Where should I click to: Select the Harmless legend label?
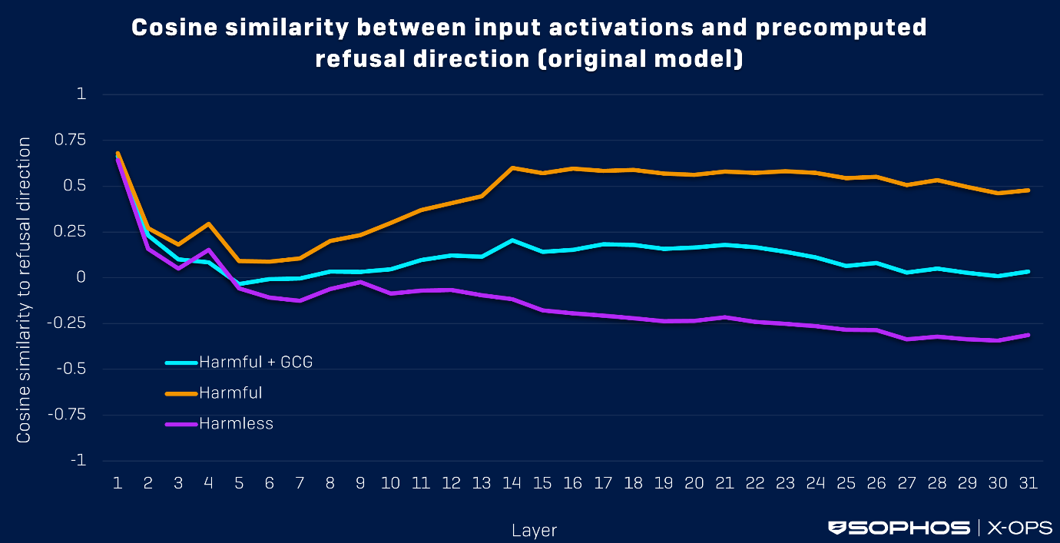pyautogui.click(x=236, y=424)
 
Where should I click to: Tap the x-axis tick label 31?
pyautogui.click(x=1029, y=483)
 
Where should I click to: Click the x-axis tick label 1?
pyautogui.click(x=118, y=483)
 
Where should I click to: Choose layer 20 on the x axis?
pyautogui.click(x=694, y=483)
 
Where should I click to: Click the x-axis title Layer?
pyautogui.click(x=534, y=530)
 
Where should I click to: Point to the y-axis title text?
pyautogui.click(x=25, y=290)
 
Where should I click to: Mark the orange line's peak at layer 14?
pyautogui.click(x=512, y=167)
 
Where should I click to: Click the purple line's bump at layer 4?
pyautogui.click(x=208, y=250)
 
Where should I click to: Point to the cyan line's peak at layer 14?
pyautogui.click(x=512, y=240)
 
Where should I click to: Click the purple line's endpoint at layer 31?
pyautogui.click(x=1029, y=335)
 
